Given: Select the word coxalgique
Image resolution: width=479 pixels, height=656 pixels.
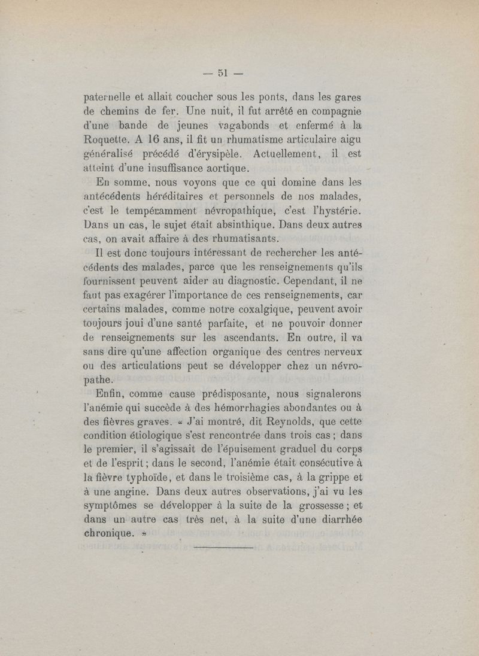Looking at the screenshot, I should (x=248, y=308).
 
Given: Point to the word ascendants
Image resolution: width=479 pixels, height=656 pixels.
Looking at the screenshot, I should (x=246, y=337).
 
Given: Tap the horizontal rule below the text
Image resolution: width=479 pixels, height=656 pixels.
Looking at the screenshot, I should (x=224, y=546).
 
